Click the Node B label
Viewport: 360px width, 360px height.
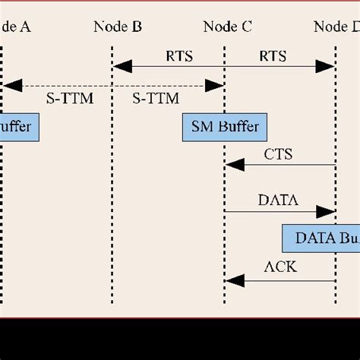(x=118, y=27)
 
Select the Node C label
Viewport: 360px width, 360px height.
(x=228, y=27)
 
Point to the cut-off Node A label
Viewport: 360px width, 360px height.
(x=15, y=27)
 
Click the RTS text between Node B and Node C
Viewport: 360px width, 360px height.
(x=178, y=56)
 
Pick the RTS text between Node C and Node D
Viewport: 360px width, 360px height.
(x=273, y=56)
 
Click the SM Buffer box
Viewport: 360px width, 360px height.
(x=221, y=127)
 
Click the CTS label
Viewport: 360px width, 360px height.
(x=278, y=154)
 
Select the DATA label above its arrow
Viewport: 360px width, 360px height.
(x=278, y=201)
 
